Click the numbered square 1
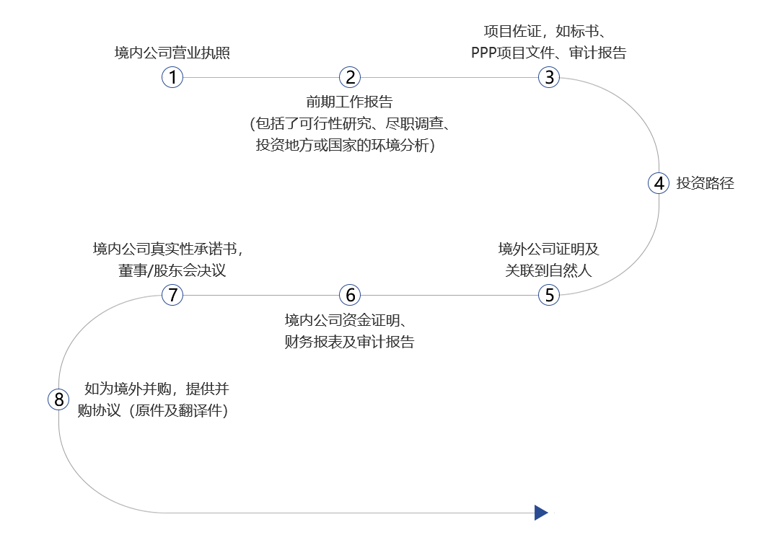coord(172,77)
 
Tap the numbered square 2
coord(350,77)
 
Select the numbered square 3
coord(549,77)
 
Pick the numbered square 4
coord(659,183)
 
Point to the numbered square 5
coord(549,295)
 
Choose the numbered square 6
coord(350,295)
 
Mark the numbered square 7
coord(172,295)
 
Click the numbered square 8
coord(58,399)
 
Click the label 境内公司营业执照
coord(172,53)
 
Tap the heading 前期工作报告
coord(349,102)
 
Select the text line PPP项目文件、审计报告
coord(548,53)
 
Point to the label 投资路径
coord(706,183)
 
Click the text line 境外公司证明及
coord(548,249)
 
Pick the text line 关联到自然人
coord(548,270)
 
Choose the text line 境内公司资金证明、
coord(349,320)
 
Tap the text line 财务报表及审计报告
coord(349,342)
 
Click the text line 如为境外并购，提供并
coord(156,389)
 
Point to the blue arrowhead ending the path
coord(541,513)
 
